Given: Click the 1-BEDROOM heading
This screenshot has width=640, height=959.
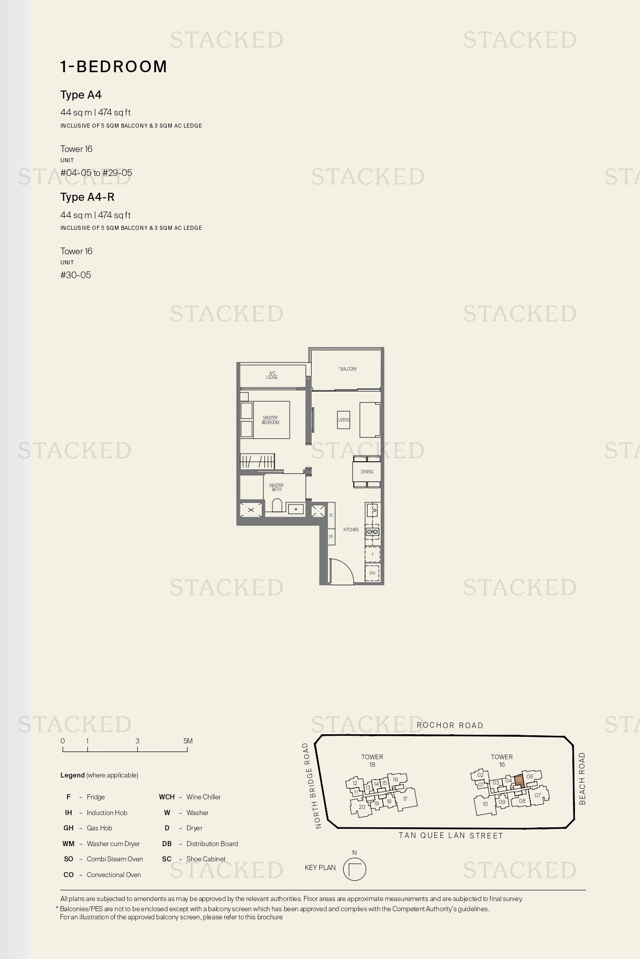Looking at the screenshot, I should (113, 67).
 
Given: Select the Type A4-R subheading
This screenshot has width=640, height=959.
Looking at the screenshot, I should (87, 197).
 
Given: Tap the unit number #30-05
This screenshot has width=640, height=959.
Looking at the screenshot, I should (76, 275).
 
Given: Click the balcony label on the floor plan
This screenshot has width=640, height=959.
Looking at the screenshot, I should (348, 369).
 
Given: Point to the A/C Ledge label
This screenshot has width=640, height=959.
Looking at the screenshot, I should (272, 375).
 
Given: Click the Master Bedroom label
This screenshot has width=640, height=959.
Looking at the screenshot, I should (270, 420).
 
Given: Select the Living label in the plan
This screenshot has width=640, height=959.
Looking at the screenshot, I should (344, 419).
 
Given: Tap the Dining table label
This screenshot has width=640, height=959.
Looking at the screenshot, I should (367, 472).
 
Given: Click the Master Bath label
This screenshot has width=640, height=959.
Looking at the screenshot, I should (276, 487).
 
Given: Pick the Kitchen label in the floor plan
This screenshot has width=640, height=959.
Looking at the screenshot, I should (351, 529).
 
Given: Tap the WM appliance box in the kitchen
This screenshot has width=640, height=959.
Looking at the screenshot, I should (373, 573).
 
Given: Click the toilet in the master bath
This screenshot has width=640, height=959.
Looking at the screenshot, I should (277, 505).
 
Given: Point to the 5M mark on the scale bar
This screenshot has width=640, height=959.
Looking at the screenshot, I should (188, 741).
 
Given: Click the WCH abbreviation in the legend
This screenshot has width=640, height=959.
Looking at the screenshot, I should (167, 797).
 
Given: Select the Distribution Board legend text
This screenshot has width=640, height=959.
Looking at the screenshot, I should (212, 844).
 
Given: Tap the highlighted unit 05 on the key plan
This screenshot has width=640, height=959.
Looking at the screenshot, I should (519, 780).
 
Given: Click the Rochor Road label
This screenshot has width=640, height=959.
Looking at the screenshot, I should (450, 726).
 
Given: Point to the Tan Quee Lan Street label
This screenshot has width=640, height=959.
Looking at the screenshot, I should (451, 835).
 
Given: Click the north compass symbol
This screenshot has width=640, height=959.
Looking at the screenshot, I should (354, 869).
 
